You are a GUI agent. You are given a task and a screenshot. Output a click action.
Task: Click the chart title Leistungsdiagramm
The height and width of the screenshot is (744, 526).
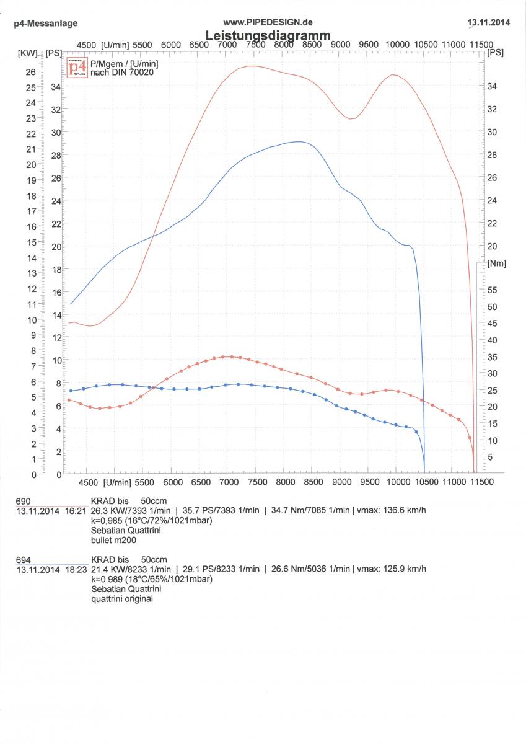pyautogui.click(x=268, y=35)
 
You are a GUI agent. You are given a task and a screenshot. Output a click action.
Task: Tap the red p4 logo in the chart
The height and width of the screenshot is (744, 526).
pyautogui.click(x=77, y=67)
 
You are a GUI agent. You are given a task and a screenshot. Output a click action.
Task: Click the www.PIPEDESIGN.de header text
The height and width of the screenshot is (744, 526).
pyautogui.click(x=268, y=22)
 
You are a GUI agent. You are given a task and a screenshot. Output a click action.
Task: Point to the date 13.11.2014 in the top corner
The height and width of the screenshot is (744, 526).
pyautogui.click(x=489, y=23)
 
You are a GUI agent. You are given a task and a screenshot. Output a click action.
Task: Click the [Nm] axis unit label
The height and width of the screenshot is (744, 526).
pyautogui.click(x=497, y=263)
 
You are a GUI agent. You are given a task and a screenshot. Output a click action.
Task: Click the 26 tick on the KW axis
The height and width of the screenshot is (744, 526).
pyautogui.click(x=30, y=72)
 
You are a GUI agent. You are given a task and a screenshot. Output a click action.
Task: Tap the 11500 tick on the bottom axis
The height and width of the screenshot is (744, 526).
pyautogui.click(x=481, y=482)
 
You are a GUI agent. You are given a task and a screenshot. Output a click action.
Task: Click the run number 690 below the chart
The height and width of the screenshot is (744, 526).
pyautogui.click(x=23, y=501)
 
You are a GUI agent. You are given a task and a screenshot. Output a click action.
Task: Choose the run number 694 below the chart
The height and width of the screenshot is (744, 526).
pyautogui.click(x=23, y=559)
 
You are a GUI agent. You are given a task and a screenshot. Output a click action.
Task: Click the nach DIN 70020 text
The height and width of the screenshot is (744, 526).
pyautogui.click(x=121, y=73)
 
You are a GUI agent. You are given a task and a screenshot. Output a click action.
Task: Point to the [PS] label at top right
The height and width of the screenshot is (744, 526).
pyautogui.click(x=496, y=53)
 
